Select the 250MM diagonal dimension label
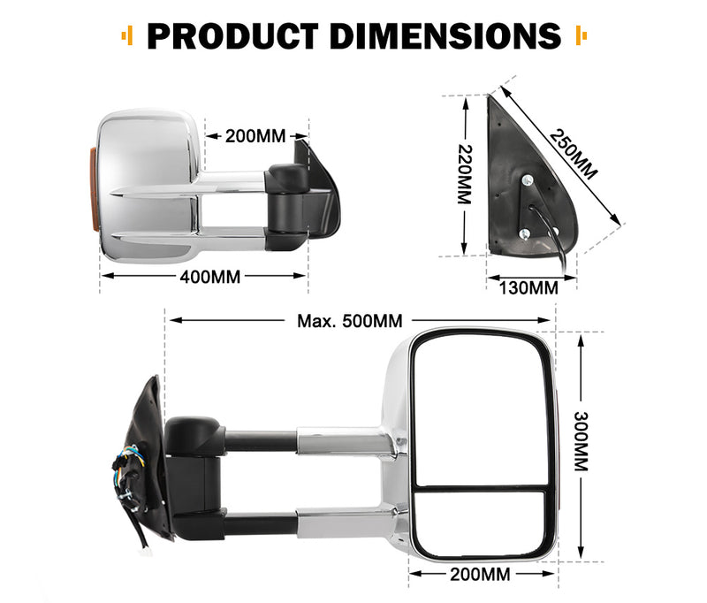(x=573, y=154)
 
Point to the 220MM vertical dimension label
(x=465, y=175)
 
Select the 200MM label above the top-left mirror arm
(x=255, y=136)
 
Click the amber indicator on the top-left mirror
(x=94, y=187)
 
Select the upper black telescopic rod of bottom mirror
(x=261, y=439)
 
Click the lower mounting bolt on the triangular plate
(x=524, y=233)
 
